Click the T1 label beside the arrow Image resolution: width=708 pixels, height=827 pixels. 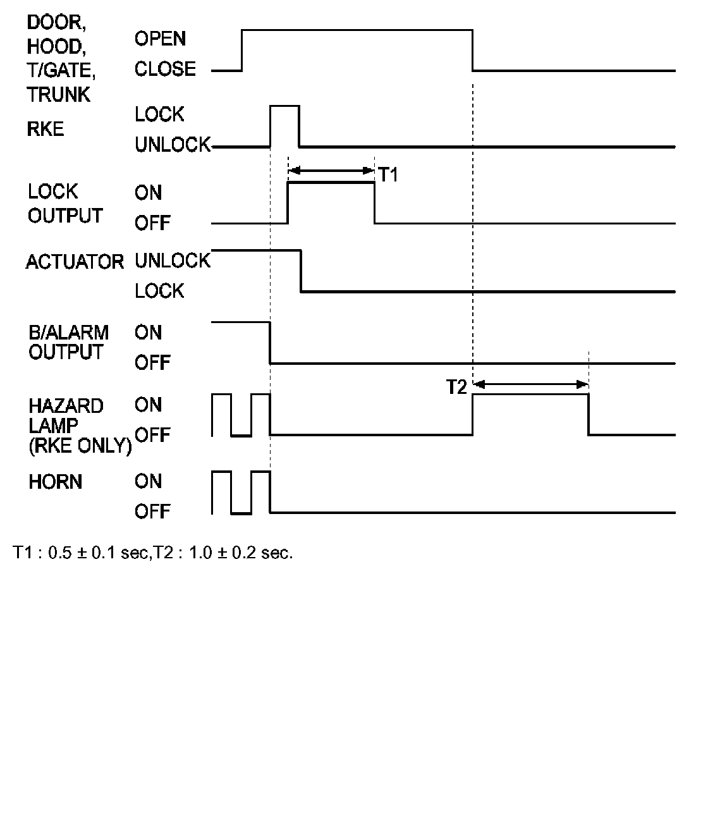[388, 175]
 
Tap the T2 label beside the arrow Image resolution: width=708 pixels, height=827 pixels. [456, 387]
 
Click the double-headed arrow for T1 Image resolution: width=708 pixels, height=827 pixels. [331, 170]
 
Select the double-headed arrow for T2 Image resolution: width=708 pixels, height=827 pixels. [531, 384]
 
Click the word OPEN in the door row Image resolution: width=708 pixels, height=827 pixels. [160, 39]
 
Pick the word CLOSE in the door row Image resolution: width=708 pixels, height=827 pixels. [165, 69]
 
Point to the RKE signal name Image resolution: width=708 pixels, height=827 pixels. [46, 130]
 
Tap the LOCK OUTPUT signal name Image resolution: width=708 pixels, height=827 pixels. [64, 204]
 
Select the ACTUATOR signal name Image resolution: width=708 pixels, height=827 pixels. [75, 262]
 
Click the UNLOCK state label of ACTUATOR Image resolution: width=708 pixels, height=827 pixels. [172, 260]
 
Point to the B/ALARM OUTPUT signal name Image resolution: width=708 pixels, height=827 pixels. [68, 342]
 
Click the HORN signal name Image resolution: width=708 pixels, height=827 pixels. [55, 482]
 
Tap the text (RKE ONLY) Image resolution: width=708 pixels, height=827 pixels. [80, 446]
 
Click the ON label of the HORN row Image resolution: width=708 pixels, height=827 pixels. [148, 482]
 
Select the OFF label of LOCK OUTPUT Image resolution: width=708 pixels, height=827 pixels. [152, 223]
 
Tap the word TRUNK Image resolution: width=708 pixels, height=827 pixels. [58, 95]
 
